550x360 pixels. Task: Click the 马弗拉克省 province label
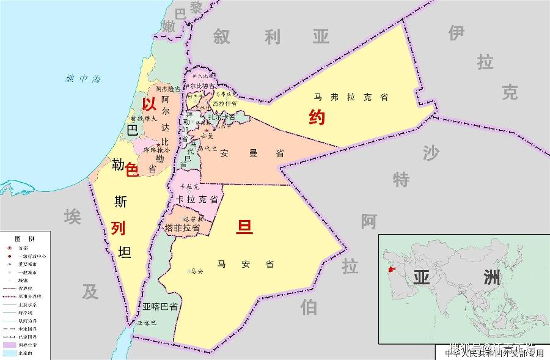click(x=351, y=97)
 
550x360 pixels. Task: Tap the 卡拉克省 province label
click(x=197, y=200)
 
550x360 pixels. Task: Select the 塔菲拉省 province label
click(x=182, y=227)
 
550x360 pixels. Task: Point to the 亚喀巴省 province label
click(x=160, y=306)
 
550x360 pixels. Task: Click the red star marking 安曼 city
click(x=207, y=130)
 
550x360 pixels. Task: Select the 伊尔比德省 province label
click(x=199, y=86)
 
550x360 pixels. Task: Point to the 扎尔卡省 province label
click(x=222, y=117)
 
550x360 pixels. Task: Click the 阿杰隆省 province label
click(x=169, y=89)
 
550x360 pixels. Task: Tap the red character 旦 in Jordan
click(x=244, y=227)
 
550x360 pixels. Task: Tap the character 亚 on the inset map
click(x=422, y=277)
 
